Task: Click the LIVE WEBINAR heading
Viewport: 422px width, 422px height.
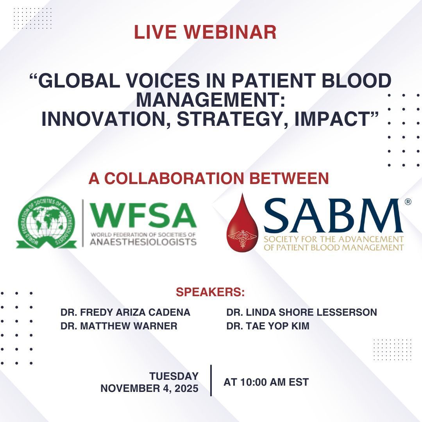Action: pos(205,32)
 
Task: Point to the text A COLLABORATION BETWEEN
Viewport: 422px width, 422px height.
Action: pos(209,178)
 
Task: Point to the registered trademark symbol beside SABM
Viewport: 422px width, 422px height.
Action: pos(408,202)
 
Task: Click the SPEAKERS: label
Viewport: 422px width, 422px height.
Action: pos(210,292)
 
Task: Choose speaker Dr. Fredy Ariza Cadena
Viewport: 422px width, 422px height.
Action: pos(125,313)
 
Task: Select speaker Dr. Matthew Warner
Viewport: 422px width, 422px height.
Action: pos(119,326)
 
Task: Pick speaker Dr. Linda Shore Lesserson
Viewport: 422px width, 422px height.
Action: pos(302,313)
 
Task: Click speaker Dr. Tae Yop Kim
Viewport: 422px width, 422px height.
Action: pos(268,326)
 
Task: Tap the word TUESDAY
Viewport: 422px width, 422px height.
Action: pos(173,376)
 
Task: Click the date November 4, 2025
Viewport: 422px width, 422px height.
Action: pos(150,389)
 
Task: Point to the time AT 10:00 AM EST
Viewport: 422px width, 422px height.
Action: pos(266,382)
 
